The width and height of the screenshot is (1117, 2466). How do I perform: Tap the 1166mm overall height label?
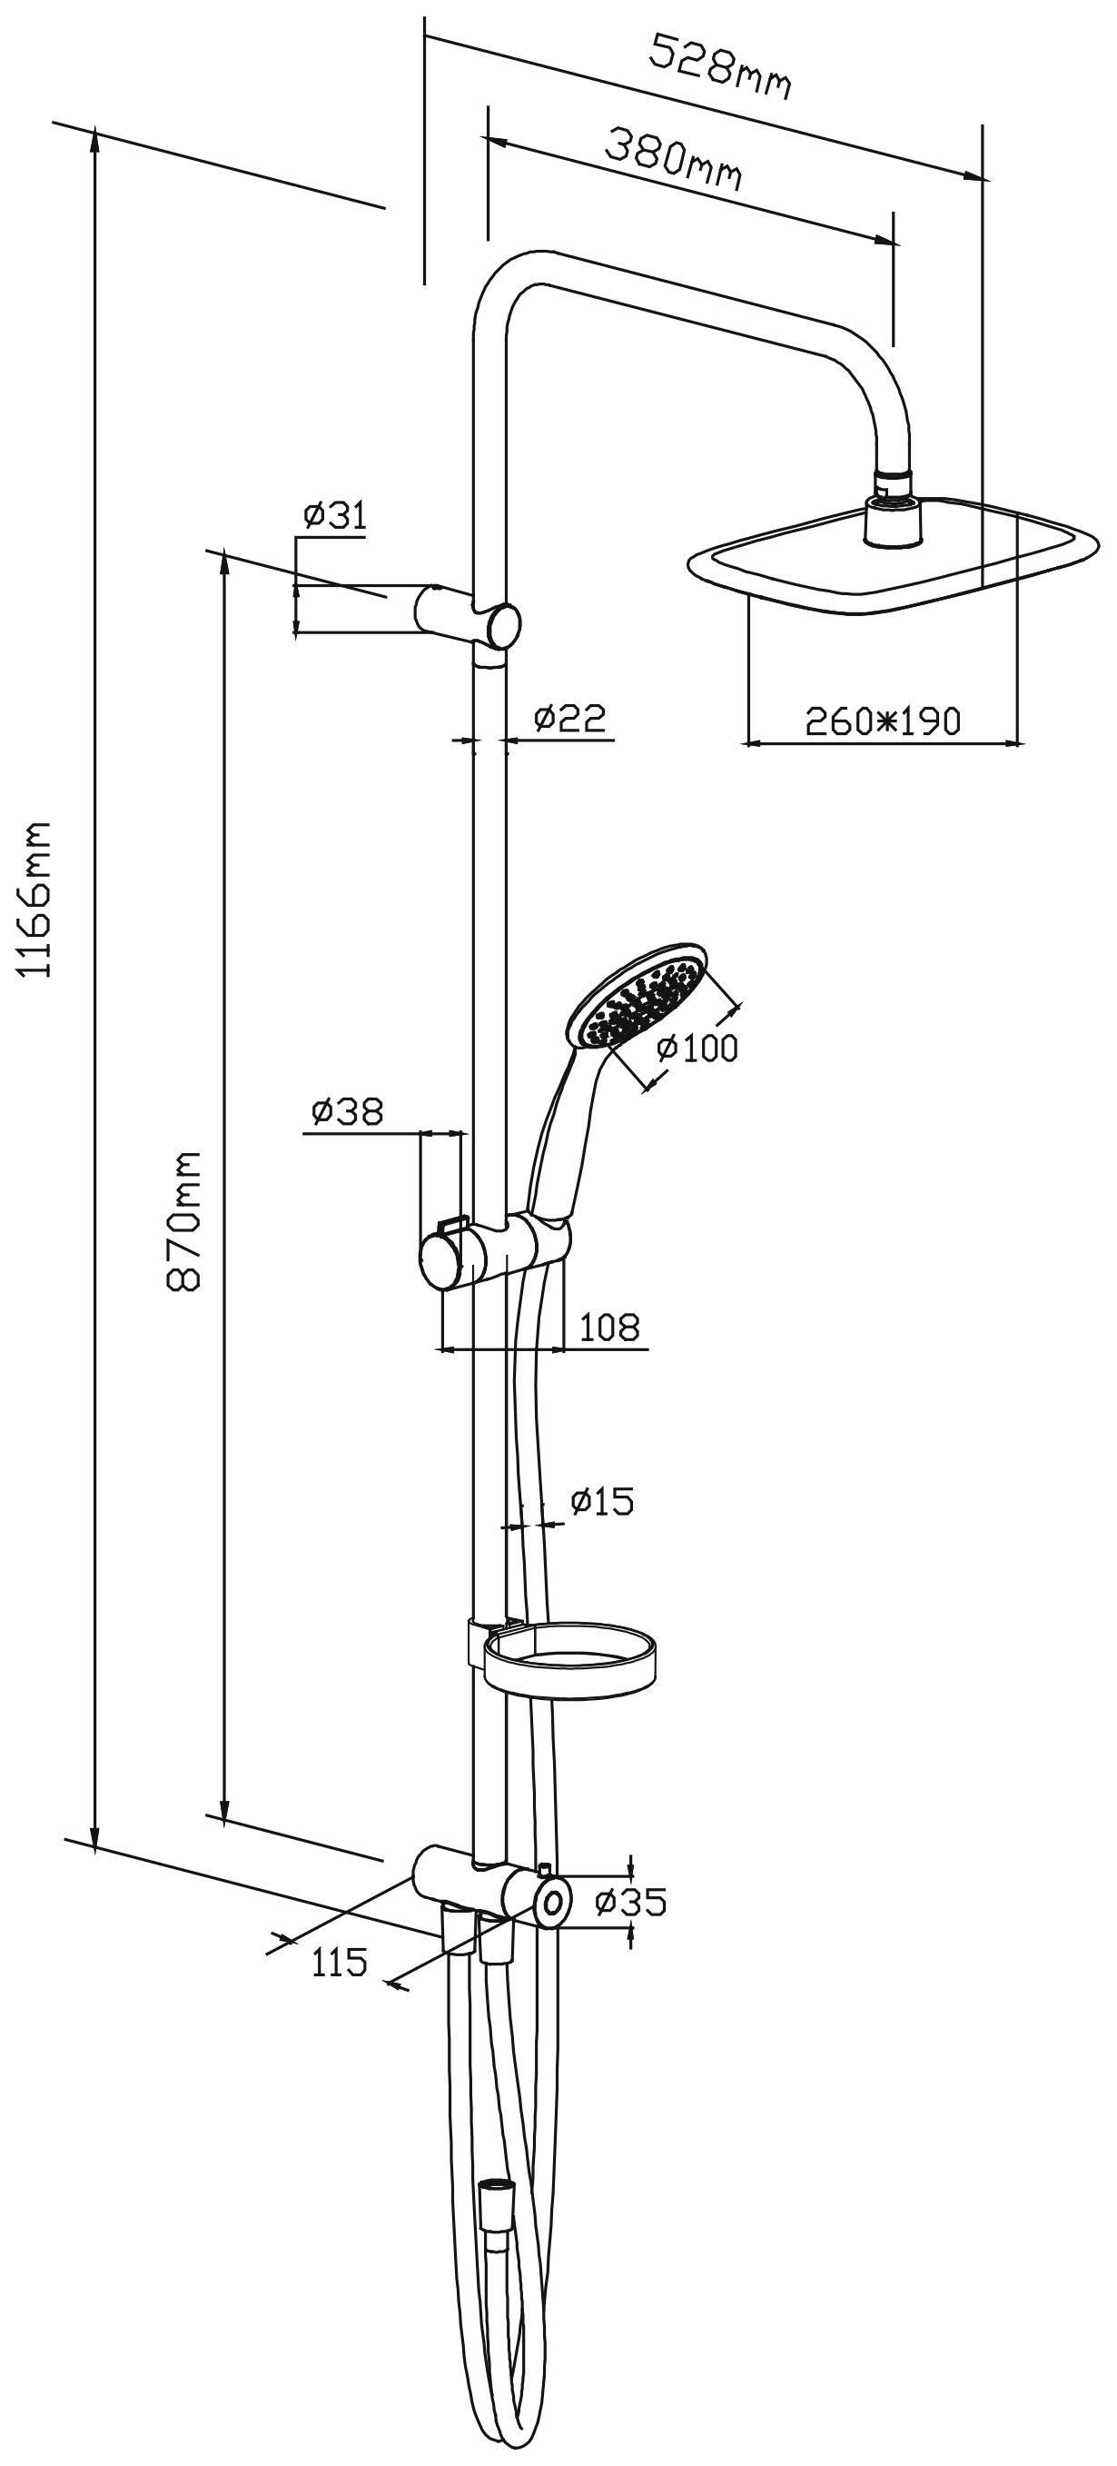(x=36, y=896)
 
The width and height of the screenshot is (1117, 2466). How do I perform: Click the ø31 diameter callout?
(x=334, y=517)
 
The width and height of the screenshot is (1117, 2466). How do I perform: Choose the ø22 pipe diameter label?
(x=569, y=717)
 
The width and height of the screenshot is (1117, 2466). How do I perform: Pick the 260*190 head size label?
(x=882, y=720)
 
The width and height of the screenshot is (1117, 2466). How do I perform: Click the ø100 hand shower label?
(x=697, y=1048)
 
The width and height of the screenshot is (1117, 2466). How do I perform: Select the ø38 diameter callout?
(x=347, y=1111)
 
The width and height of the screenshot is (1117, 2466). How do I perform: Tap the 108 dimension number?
(x=608, y=1327)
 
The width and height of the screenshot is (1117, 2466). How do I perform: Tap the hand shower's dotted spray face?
(x=637, y=1000)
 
